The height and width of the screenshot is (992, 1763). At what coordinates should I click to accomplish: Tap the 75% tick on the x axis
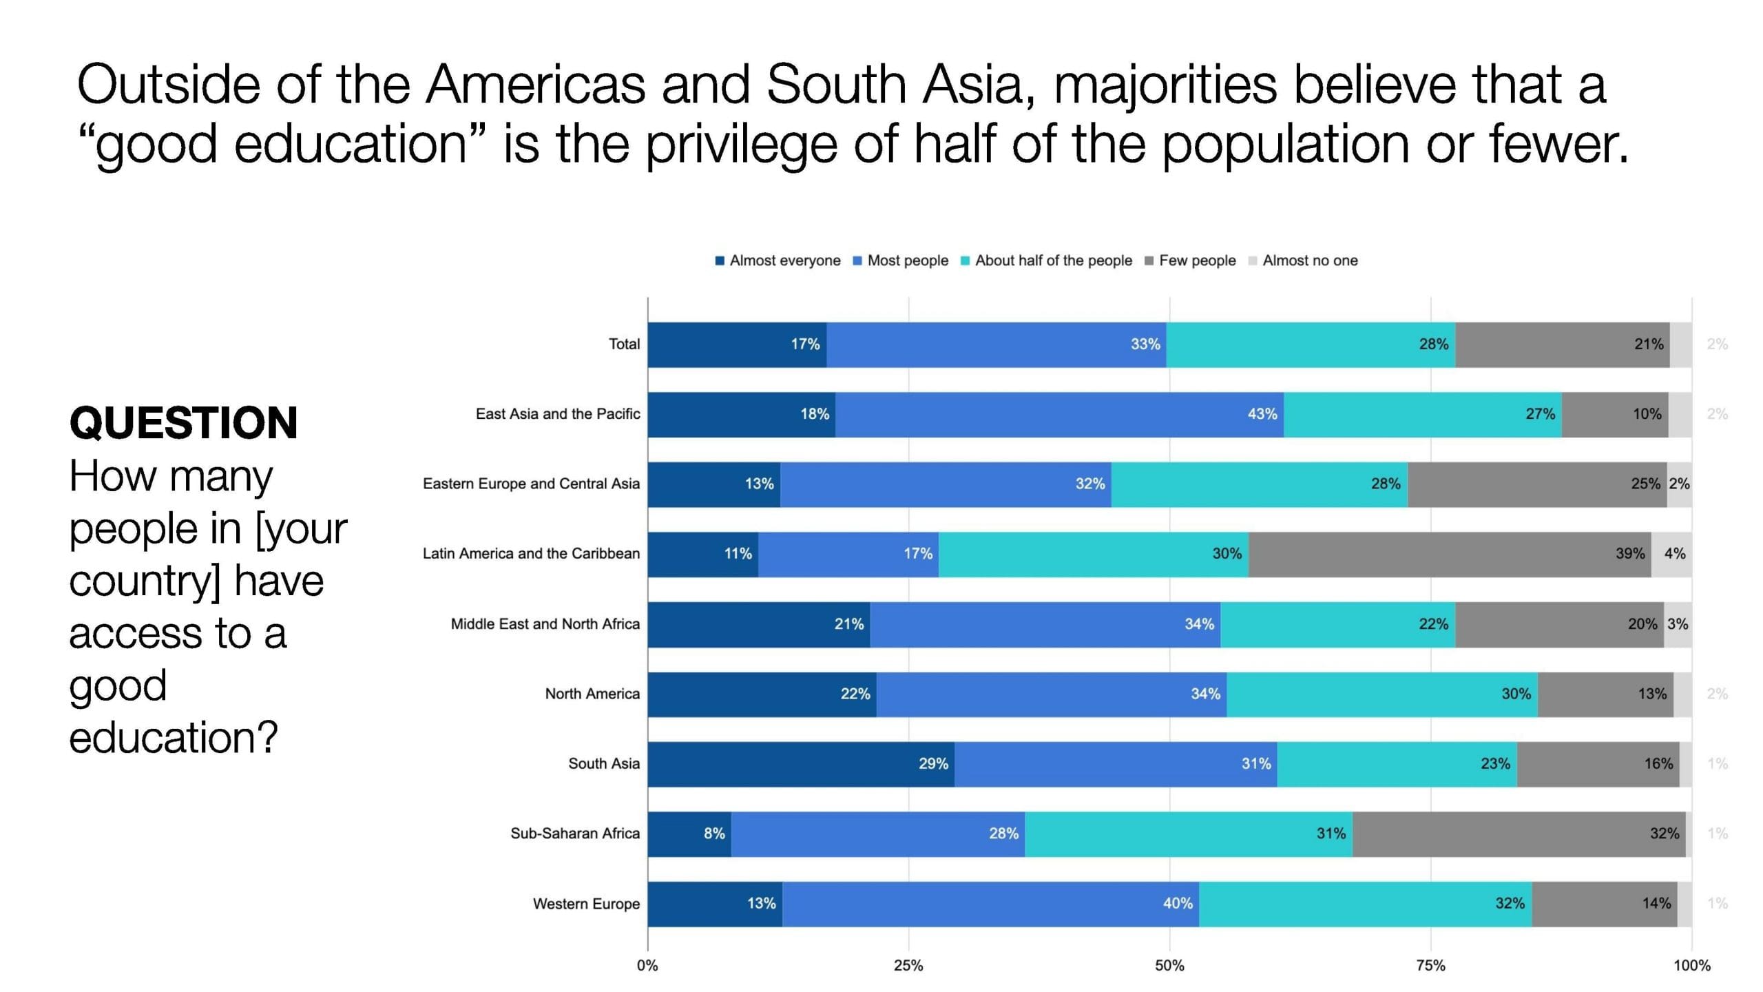click(x=1430, y=965)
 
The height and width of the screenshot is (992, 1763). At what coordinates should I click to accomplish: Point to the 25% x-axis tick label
click(x=908, y=965)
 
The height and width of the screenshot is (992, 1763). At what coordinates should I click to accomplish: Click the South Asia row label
click(x=604, y=763)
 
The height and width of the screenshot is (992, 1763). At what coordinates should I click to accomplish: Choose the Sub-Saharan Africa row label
click(x=575, y=833)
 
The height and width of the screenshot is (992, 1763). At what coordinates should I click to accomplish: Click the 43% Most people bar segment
click(x=1059, y=414)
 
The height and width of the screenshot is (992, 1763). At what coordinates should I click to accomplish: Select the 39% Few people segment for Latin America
click(x=1450, y=554)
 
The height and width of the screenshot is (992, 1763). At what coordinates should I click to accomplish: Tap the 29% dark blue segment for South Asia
click(x=801, y=763)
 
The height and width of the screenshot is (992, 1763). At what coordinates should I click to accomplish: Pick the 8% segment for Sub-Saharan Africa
click(x=689, y=834)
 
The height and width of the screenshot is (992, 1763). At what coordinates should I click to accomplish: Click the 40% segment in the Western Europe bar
click(x=990, y=903)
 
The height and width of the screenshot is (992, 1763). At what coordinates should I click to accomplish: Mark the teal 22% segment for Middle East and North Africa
click(x=1337, y=624)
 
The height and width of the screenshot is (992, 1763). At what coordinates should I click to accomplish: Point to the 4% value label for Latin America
click(x=1675, y=554)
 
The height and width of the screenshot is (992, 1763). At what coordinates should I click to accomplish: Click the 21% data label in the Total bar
click(x=1649, y=344)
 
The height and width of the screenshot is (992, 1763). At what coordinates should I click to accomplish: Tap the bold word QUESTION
click(x=184, y=422)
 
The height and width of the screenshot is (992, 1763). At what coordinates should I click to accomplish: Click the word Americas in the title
click(x=536, y=85)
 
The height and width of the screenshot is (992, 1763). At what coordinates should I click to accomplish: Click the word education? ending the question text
click(x=174, y=737)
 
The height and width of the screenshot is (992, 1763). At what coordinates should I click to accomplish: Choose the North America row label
click(x=592, y=694)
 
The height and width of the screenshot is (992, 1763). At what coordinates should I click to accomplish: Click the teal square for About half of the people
click(x=966, y=261)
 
